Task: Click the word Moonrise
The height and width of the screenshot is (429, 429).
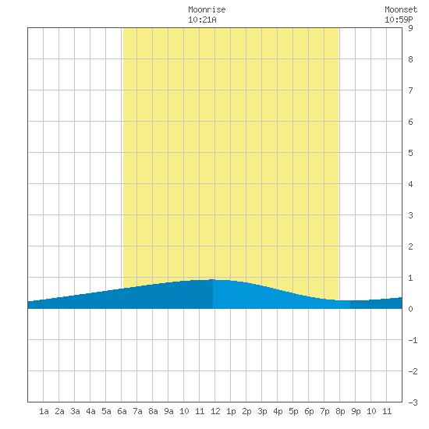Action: (x=207, y=9)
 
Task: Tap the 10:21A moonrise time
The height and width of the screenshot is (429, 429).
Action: (x=202, y=19)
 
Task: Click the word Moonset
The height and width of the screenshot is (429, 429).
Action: (x=401, y=9)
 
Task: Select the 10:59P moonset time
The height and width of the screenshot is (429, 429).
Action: (x=399, y=19)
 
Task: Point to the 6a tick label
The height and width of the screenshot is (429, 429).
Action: (x=122, y=411)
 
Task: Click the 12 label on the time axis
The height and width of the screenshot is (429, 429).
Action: (x=215, y=411)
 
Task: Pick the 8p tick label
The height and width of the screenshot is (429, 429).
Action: (x=340, y=411)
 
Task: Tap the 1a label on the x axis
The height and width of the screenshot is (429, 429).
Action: (x=44, y=411)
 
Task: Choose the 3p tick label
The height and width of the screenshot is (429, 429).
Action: (x=262, y=411)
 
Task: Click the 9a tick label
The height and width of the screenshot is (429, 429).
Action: (x=168, y=411)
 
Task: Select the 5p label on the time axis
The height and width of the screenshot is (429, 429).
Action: (x=293, y=411)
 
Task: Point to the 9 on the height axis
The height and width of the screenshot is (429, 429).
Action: (x=410, y=28)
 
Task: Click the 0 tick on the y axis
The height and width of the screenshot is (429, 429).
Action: (x=410, y=309)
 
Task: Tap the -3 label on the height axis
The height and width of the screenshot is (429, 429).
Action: (x=413, y=402)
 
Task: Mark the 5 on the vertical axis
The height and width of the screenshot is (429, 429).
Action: (x=410, y=153)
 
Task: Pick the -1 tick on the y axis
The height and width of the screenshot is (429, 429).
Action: (x=413, y=340)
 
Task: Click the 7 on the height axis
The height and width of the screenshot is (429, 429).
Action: (x=410, y=90)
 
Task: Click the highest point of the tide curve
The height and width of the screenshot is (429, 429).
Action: (x=213, y=279)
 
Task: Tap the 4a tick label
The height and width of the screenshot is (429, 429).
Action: (x=90, y=411)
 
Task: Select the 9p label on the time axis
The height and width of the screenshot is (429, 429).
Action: (x=356, y=411)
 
